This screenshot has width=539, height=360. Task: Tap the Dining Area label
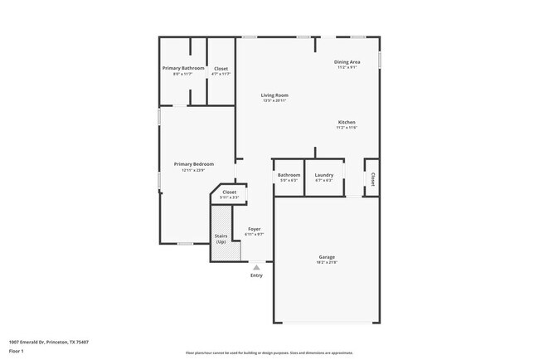[x=347, y=62]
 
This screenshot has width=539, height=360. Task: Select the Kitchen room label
[x=346, y=122]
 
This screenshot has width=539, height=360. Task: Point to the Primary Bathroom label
[x=183, y=68]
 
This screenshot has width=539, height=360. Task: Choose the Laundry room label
[x=324, y=175]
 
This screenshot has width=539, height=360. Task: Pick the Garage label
[x=327, y=257]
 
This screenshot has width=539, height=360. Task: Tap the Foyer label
[x=255, y=229]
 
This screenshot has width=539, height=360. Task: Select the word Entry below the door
[x=257, y=275]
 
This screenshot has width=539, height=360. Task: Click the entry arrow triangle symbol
[x=257, y=267]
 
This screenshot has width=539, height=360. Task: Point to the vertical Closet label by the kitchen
[x=373, y=178]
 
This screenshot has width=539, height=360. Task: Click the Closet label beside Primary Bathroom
[x=221, y=68]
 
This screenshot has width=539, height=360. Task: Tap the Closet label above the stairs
[x=229, y=192]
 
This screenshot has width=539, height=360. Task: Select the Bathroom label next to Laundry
[x=289, y=175]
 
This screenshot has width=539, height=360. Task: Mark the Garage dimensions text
[x=327, y=263]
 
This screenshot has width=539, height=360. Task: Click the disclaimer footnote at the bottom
[x=269, y=353]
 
